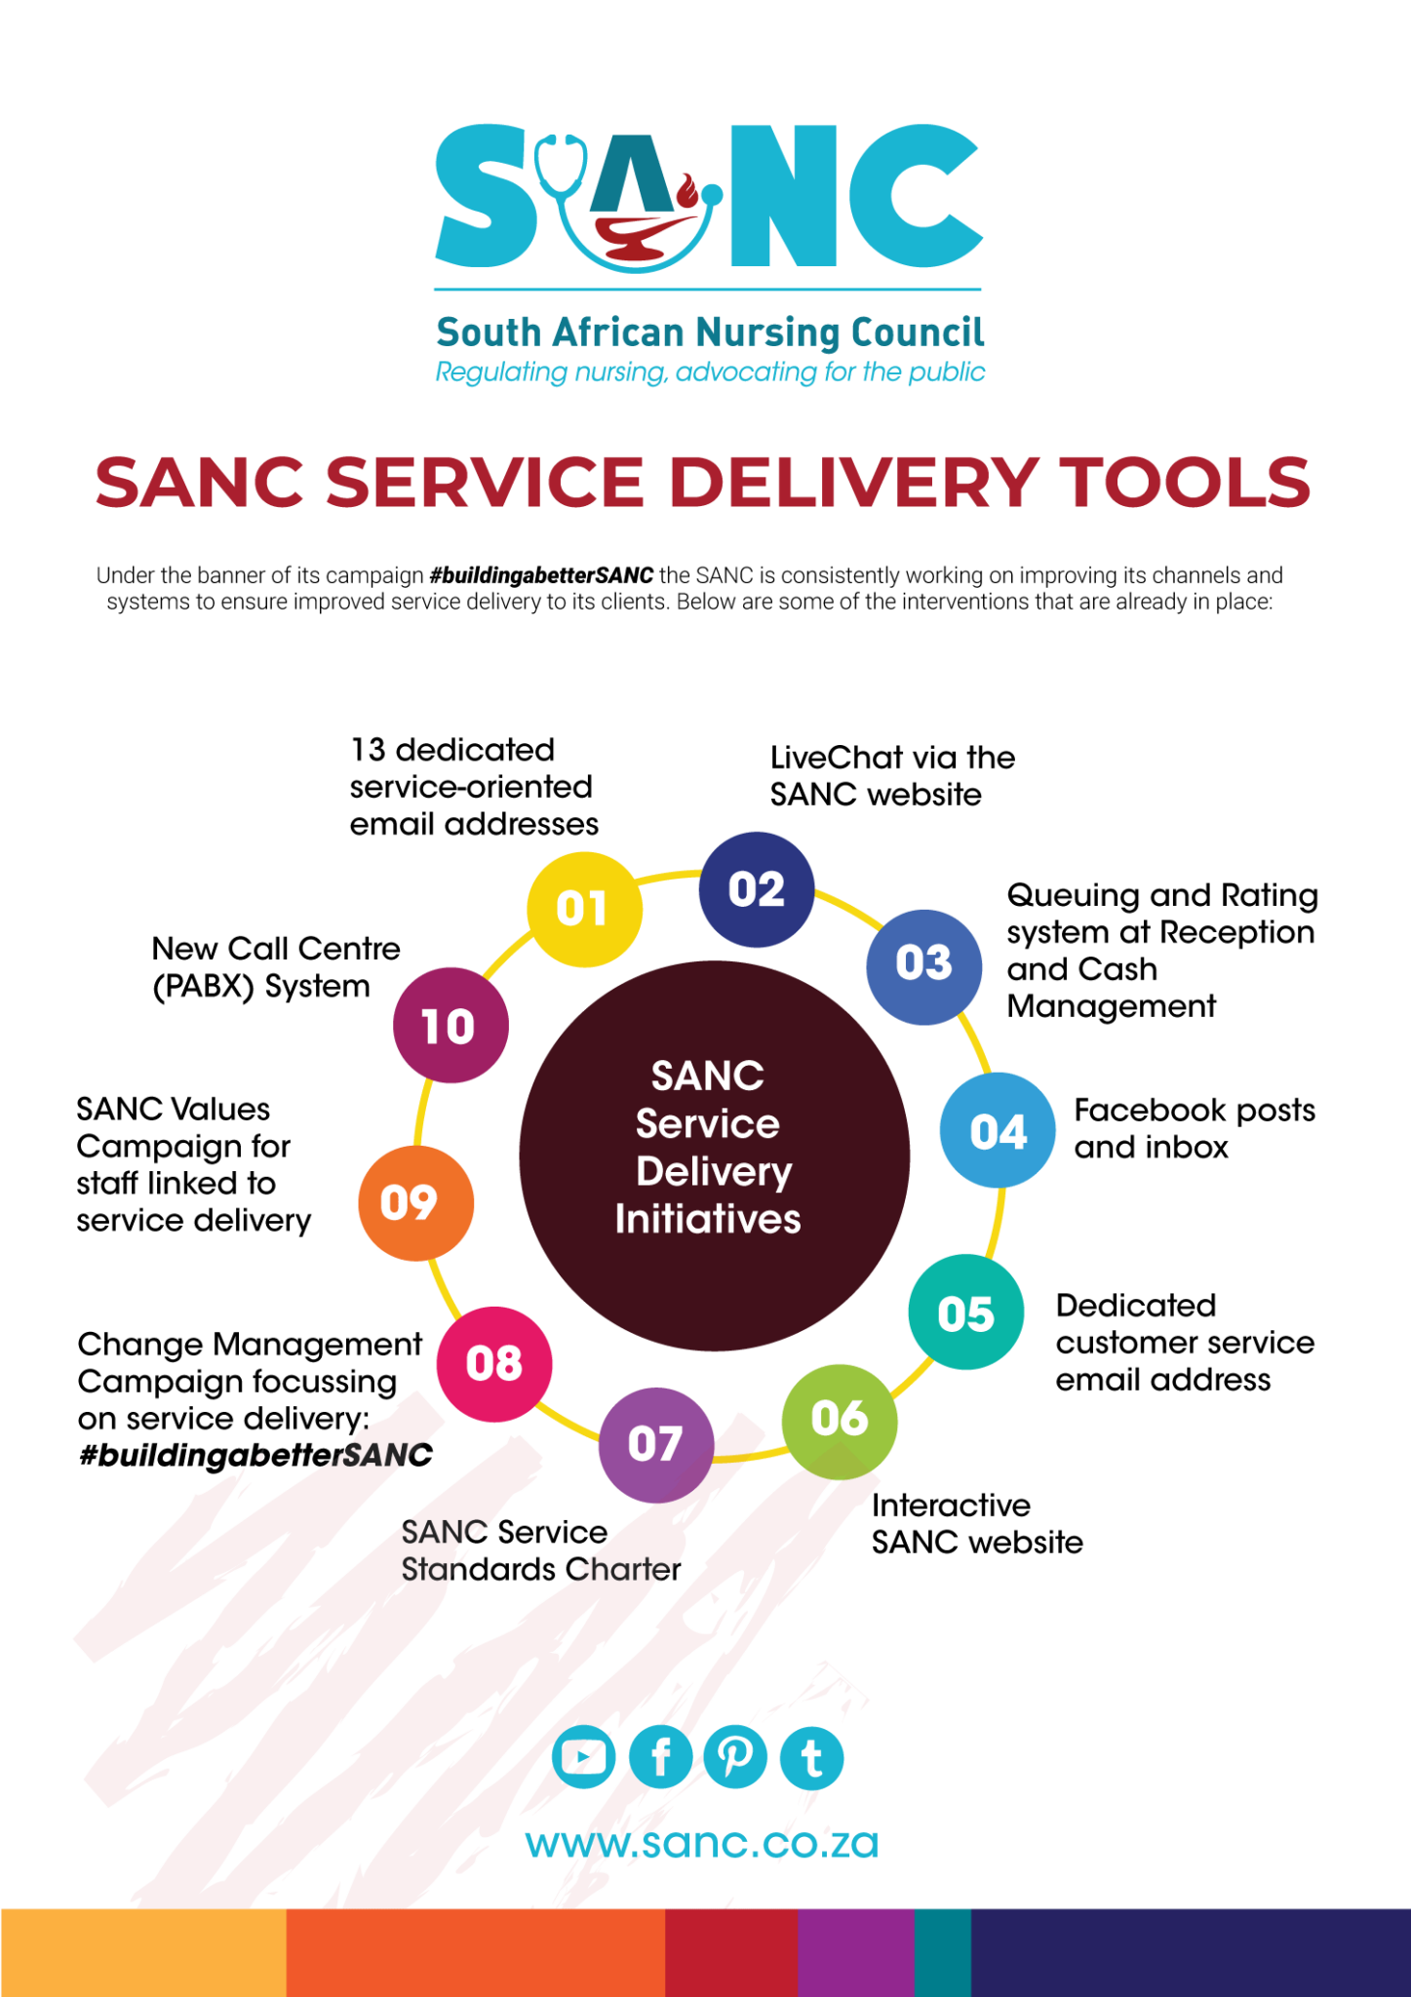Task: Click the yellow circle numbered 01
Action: (584, 909)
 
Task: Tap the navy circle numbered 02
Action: (757, 889)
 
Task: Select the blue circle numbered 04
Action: (998, 1131)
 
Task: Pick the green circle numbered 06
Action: (840, 1419)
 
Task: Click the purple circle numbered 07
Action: (655, 1444)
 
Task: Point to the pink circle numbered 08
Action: (494, 1363)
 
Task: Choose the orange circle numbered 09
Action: (416, 1202)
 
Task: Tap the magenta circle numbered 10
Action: (450, 1026)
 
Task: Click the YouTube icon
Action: (583, 1758)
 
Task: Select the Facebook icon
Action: (660, 1758)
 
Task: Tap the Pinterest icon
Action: (735, 1758)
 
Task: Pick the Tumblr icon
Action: (811, 1758)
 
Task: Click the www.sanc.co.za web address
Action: (702, 1844)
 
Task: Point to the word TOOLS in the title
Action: (1185, 483)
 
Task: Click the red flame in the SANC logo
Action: (686, 190)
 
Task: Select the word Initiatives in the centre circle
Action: (708, 1220)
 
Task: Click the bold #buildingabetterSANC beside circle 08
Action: (255, 1456)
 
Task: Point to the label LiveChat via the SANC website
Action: (891, 776)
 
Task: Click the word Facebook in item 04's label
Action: (1142, 1111)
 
